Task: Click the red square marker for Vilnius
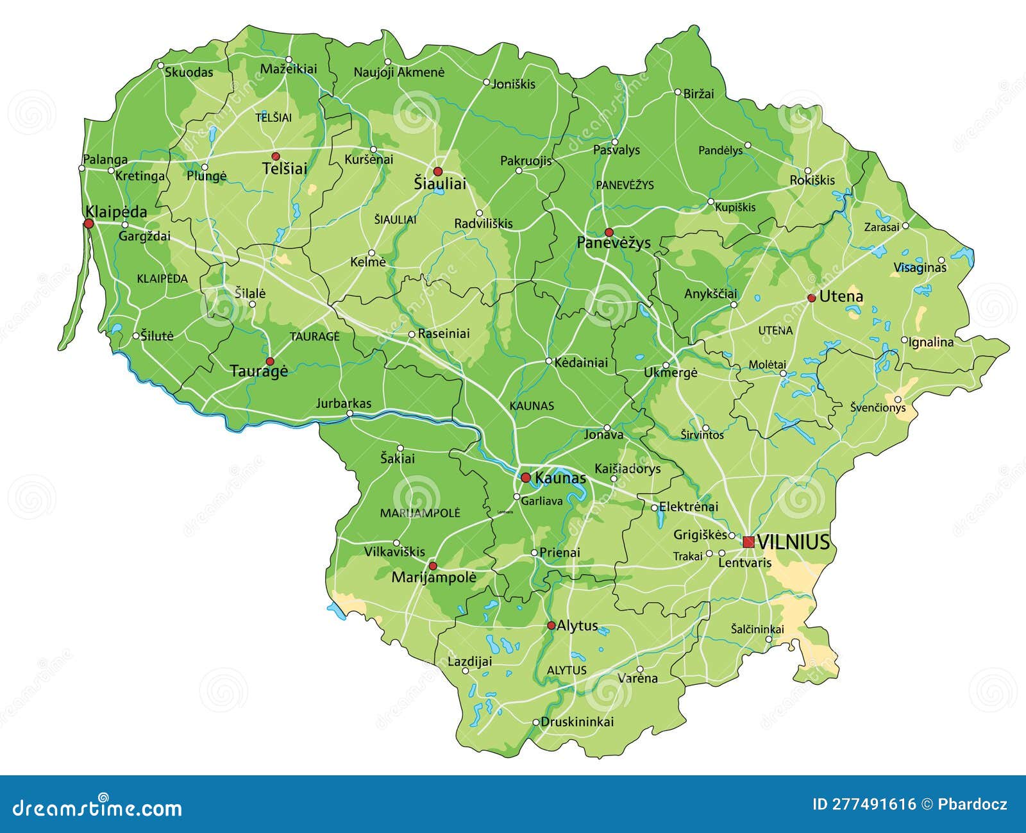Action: click(748, 542)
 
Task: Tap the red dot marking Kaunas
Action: click(525, 477)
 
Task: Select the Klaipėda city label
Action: click(116, 212)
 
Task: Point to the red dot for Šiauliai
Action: click(438, 171)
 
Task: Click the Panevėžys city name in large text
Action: click(613, 243)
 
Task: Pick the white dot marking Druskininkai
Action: click(536, 722)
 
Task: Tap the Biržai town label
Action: click(698, 94)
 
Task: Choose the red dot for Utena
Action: click(811, 298)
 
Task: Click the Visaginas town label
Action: click(920, 268)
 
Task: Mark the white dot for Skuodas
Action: click(161, 65)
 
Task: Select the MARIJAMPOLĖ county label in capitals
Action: click(420, 513)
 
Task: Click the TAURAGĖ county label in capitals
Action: click(314, 336)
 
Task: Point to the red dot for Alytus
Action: click(551, 625)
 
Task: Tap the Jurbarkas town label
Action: click(344, 403)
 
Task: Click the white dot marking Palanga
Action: click(81, 169)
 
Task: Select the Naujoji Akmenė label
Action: click(399, 72)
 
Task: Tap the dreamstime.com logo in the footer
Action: click(97, 807)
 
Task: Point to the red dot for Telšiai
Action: click(276, 156)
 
